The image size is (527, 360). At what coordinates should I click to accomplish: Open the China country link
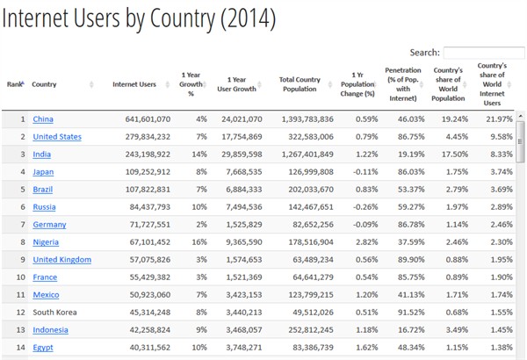tap(43, 119)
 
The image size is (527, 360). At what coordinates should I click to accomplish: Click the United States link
tap(56, 136)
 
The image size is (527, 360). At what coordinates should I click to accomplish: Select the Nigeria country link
tap(46, 241)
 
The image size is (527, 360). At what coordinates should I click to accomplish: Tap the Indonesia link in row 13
tap(51, 329)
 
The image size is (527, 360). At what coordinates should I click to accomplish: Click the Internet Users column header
tap(134, 84)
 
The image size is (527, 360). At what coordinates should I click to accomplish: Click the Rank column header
tap(15, 84)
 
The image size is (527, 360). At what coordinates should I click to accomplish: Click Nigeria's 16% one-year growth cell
tap(200, 241)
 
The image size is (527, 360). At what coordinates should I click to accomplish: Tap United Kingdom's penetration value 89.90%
tap(406, 259)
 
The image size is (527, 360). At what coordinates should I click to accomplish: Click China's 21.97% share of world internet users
tap(496, 119)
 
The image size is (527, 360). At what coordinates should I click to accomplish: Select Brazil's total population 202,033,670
tap(307, 189)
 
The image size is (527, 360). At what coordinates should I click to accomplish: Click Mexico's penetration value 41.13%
tap(406, 294)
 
